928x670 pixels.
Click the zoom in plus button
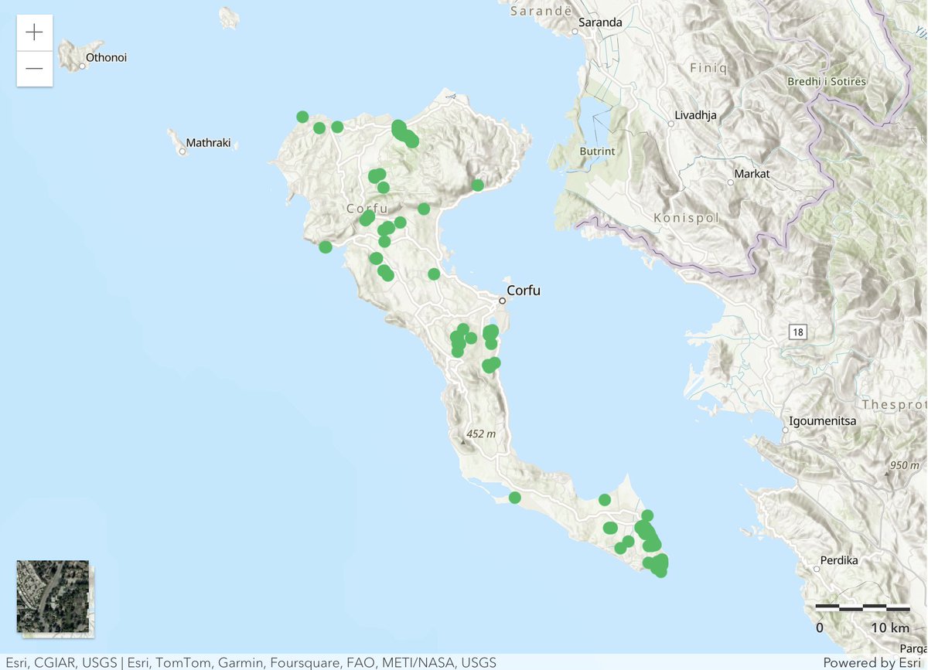tap(34, 32)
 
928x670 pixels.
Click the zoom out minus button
tap(34, 69)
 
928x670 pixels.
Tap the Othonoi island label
tap(106, 58)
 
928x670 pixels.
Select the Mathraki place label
tap(208, 143)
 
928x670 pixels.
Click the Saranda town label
tap(601, 22)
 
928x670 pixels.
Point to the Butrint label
tap(597, 151)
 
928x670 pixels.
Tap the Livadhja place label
tap(695, 116)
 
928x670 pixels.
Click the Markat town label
tap(752, 174)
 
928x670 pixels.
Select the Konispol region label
tap(686, 219)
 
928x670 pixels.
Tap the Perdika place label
tap(841, 560)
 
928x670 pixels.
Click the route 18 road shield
tap(797, 332)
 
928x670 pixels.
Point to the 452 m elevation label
tap(480, 434)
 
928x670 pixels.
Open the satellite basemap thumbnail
tap(53, 597)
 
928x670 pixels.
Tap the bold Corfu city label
tap(524, 291)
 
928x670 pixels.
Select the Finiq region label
tap(708, 68)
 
